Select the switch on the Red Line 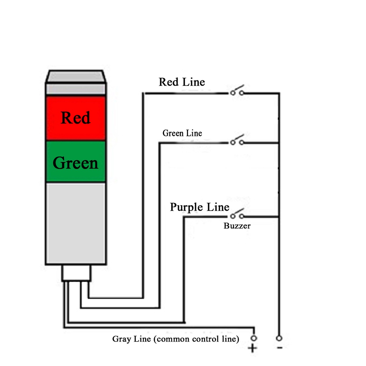pos(237,90)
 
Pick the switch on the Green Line pos(237,140)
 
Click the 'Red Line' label pos(182,82)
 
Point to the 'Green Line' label pos(182,133)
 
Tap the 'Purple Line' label pos(199,207)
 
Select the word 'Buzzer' pos(237,226)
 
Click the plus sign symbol pos(252,348)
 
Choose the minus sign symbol pos(280,348)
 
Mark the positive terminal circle pos(254,338)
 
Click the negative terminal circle pos(279,338)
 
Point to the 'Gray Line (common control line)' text pos(175,339)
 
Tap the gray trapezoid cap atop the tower pos(76,76)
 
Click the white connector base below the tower pos(76,273)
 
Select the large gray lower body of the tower pos(76,223)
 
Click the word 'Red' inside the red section pos(75,118)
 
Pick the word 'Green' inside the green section pos(75,163)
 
